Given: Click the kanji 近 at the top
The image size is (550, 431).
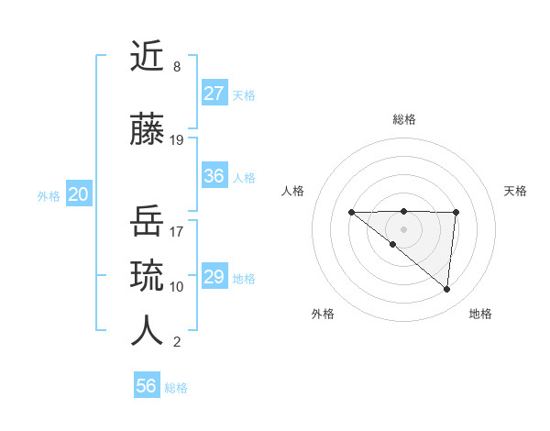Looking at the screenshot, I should (x=147, y=57).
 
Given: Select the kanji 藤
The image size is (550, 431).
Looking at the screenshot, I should (x=147, y=130).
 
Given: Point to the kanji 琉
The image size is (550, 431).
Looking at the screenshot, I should (x=147, y=275).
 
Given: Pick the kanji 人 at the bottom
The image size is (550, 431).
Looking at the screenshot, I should (x=147, y=330).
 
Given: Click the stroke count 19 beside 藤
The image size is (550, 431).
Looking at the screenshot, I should (x=177, y=140).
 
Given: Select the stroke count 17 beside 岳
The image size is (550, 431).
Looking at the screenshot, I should (x=177, y=231).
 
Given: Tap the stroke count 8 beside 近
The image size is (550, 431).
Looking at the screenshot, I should (x=177, y=67).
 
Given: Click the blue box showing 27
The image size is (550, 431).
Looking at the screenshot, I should (x=214, y=94).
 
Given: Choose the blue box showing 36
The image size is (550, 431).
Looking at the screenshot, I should (x=214, y=176).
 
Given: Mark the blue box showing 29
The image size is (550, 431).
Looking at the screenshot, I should (x=214, y=277).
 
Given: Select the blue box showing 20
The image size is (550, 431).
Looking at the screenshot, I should (x=78, y=194).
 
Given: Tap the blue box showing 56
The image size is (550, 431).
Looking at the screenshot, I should (x=147, y=386).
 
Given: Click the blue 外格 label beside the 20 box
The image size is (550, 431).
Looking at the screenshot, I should (x=49, y=195).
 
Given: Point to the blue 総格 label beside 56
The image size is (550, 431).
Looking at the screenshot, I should (x=176, y=388).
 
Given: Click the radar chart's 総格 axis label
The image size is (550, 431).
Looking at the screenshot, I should (x=404, y=119).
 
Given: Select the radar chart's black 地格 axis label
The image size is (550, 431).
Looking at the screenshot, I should (x=480, y=314).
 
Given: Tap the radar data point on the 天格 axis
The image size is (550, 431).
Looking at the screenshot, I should (x=456, y=213).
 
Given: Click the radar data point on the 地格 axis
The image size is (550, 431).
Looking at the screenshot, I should (x=447, y=290).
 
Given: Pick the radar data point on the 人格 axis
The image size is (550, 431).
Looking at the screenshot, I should (x=351, y=213).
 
